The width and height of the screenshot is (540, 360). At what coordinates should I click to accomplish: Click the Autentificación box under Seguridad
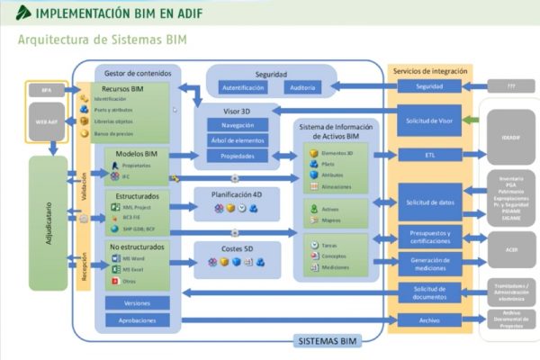pyautogui.click(x=242, y=87)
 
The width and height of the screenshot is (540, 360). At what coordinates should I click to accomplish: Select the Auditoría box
pyautogui.click(x=301, y=87)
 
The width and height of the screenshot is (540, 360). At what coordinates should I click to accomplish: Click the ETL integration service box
pyautogui.click(x=430, y=155)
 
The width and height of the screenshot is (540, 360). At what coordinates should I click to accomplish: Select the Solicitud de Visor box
pyautogui.click(x=430, y=120)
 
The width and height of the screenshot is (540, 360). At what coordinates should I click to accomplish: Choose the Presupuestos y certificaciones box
pyautogui.click(x=430, y=238)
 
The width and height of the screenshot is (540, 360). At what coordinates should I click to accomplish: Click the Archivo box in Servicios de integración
pyautogui.click(x=430, y=319)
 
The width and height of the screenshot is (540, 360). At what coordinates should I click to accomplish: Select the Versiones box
pyautogui.click(x=138, y=302)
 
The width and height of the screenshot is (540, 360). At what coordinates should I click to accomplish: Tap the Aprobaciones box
pyautogui.click(x=138, y=319)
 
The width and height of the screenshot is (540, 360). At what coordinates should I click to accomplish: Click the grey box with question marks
pyautogui.click(x=510, y=85)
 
